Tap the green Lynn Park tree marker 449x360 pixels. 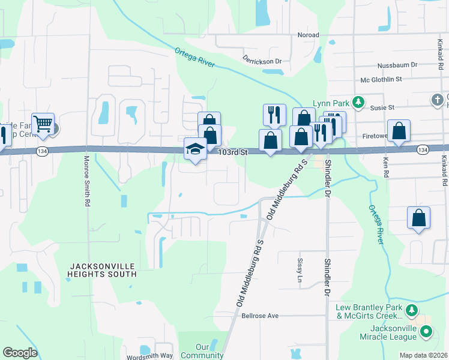point(358,102)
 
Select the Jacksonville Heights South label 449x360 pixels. point(103,269)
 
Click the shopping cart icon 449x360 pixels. point(43,124)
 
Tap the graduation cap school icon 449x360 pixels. point(195,149)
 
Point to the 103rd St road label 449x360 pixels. point(233,153)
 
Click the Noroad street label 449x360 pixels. point(308,35)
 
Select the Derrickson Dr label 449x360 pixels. point(262,61)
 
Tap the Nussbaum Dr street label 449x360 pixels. point(397,65)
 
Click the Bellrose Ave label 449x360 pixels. point(261,316)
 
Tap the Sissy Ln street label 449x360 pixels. point(300,270)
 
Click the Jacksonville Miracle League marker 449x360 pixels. point(426,331)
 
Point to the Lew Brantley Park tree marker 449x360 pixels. point(411,310)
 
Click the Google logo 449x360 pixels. point(20,353)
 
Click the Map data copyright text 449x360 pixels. point(424,355)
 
